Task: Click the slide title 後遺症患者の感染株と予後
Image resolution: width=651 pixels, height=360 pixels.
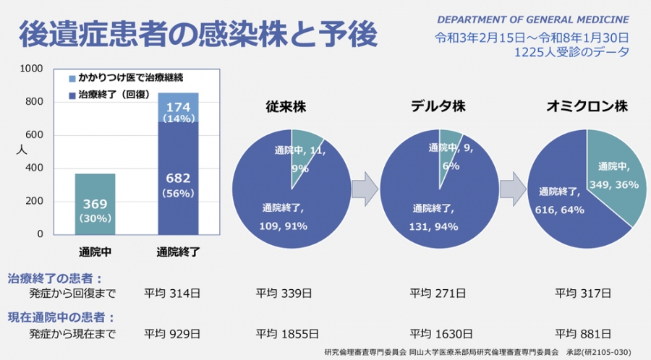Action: (x=197, y=33)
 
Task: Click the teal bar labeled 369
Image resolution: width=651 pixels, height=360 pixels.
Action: (x=95, y=204)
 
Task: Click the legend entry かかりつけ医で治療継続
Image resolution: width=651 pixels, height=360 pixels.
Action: (x=126, y=77)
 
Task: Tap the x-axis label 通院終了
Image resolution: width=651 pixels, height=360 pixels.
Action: (x=178, y=252)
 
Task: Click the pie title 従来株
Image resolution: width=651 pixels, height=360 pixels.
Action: (x=288, y=107)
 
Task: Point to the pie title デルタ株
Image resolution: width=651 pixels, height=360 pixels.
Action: (x=438, y=107)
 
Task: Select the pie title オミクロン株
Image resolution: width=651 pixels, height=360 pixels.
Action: (x=586, y=107)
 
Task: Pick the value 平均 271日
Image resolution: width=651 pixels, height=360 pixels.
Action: (x=437, y=293)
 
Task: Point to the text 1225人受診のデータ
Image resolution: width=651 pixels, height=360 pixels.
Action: (x=571, y=52)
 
